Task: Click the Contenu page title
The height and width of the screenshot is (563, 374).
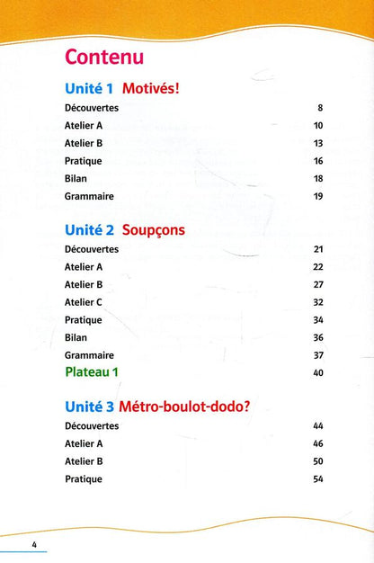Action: pos(104,58)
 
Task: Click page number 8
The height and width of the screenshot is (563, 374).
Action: pos(319,108)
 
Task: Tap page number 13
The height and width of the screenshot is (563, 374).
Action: pos(318,143)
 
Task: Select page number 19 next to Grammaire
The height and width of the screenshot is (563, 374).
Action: pos(318,196)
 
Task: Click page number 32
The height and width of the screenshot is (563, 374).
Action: pos(318,302)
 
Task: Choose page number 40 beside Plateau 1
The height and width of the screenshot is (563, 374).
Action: pos(318,372)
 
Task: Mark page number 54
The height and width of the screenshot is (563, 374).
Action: pos(318,479)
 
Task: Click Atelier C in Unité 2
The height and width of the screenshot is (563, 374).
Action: pos(84,302)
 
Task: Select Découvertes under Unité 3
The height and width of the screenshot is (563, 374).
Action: pos(92,425)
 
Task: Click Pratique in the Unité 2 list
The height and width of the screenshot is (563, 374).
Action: pos(84,319)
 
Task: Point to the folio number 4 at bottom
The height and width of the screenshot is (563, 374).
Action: pos(33,546)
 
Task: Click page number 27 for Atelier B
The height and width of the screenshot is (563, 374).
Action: pos(318,284)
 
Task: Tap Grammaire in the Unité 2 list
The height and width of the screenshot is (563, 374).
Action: pos(90,354)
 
